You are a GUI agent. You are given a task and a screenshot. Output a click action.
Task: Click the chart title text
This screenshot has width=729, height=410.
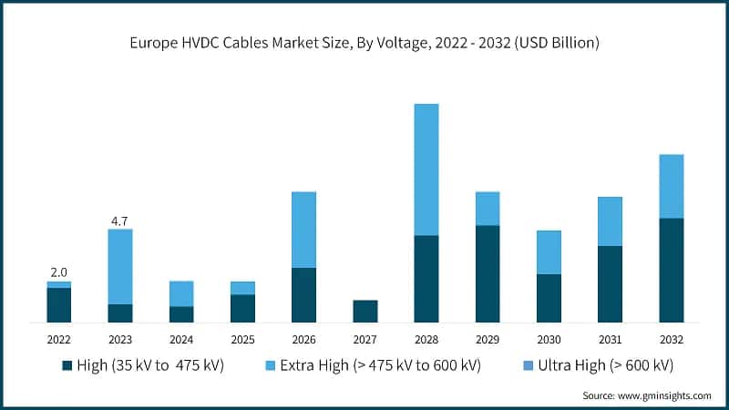coord(364,43)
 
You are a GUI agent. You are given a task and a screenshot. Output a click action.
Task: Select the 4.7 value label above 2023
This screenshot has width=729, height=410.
coord(120,220)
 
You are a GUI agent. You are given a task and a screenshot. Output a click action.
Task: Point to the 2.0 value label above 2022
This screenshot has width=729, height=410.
coord(59,272)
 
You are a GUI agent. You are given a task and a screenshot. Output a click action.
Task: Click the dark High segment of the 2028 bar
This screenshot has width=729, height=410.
coord(426,279)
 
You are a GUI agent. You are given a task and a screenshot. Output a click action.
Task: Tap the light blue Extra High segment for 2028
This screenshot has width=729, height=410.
coord(426,169)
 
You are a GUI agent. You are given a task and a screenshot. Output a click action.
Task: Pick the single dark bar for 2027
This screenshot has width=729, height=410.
coord(364,311)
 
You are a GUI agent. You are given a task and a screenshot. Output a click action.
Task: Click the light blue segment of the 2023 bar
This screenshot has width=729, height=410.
coord(120,266)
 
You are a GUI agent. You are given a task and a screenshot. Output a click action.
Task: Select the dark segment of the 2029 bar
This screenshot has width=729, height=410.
coord(488,273)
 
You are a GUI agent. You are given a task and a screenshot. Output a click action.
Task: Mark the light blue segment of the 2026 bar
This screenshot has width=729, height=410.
coord(303,230)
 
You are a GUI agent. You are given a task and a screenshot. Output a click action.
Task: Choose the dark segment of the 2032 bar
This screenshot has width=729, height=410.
coord(672,270)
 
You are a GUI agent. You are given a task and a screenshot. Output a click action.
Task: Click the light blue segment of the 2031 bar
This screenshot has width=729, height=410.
coord(610,221)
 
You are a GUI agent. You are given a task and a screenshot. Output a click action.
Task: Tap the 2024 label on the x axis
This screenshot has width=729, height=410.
coord(181,340)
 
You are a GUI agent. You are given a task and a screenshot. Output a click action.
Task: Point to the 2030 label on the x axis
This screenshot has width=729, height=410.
coord(549,340)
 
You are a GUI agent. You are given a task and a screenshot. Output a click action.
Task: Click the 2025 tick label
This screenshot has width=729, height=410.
coord(242,340)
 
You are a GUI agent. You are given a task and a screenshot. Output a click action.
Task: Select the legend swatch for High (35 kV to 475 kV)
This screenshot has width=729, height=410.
coord(67,365)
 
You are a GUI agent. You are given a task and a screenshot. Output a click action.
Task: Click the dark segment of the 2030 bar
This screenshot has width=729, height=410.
coord(549,298)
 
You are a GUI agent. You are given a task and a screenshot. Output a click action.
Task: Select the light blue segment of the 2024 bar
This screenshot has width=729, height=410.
coord(181,293)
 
